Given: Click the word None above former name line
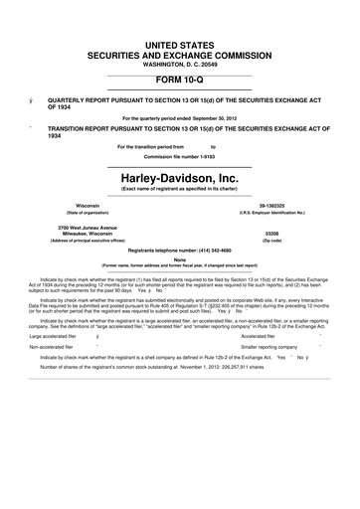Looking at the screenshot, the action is (180, 259).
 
